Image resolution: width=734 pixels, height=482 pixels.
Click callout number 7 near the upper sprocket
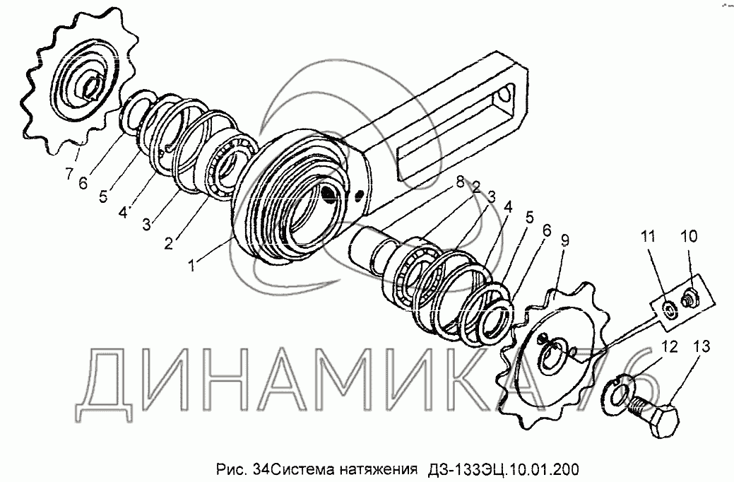(x=69, y=174)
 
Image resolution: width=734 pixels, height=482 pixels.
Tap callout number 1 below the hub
(x=191, y=264)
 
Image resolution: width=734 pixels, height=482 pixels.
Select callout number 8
(x=461, y=181)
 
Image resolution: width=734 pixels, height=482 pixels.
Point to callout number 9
(x=564, y=241)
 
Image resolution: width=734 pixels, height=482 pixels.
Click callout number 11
(x=649, y=237)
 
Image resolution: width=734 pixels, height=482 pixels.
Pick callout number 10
(x=689, y=235)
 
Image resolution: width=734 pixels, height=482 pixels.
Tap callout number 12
(x=670, y=347)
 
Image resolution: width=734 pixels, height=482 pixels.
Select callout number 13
(x=702, y=346)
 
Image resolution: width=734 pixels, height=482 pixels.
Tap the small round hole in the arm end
(x=504, y=96)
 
